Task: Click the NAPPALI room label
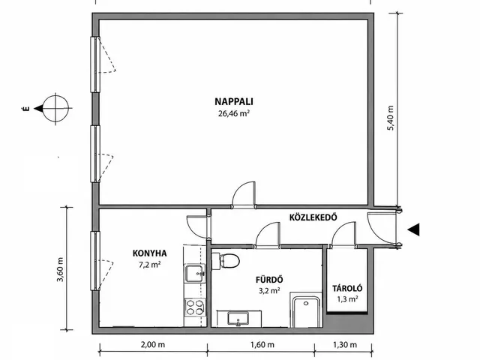coord(234,101)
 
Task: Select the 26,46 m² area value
coord(233,113)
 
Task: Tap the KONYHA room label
coord(150,253)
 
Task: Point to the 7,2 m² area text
coord(150,265)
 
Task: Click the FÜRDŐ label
coord(269,280)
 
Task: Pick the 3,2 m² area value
coord(269,291)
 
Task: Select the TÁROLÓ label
coord(347,288)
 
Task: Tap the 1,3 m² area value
coord(347,299)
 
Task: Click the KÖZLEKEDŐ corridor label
coord(313,217)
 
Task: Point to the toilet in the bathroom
coord(226,261)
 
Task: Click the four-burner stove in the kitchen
coord(195,307)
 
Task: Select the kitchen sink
coord(195,273)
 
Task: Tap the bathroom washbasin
coord(238,319)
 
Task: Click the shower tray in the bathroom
coord(306,310)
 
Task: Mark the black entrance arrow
coord(413,229)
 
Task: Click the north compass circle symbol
coord(55,108)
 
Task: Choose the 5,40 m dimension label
coord(391,118)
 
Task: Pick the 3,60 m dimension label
coord(60,269)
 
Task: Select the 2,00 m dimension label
coord(153,345)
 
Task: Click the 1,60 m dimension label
coord(262,345)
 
